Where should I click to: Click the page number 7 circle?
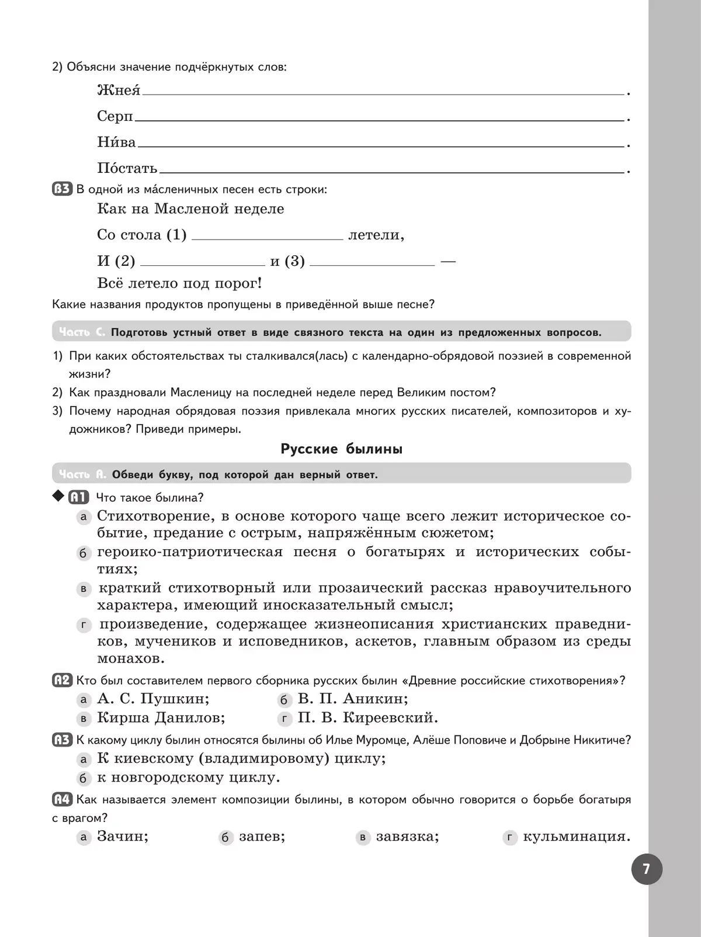pyautogui.click(x=647, y=869)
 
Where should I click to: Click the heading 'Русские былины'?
pyautogui.click(x=342, y=449)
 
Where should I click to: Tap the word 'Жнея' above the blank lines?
pyautogui.click(x=119, y=91)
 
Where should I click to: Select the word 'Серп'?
pyautogui.click(x=115, y=116)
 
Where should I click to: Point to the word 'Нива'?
pyautogui.click(x=116, y=142)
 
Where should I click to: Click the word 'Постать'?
pyautogui.click(x=127, y=168)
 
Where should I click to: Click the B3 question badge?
pyautogui.click(x=62, y=189)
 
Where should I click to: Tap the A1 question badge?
pyautogui.click(x=78, y=498)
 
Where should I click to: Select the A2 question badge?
pyautogui.click(x=62, y=681)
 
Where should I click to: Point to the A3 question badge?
pyautogui.click(x=62, y=740)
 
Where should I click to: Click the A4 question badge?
pyautogui.click(x=62, y=800)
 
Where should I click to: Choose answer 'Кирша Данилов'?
pyautogui.click(x=161, y=717)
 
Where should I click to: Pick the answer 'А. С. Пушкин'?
pyautogui.click(x=153, y=699)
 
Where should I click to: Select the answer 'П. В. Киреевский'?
pyautogui.click(x=368, y=717)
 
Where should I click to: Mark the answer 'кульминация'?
pyautogui.click(x=577, y=837)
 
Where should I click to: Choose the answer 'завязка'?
pyautogui.click(x=407, y=837)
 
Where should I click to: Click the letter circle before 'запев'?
pyautogui.click(x=225, y=838)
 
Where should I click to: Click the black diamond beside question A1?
pyautogui.click(x=57, y=497)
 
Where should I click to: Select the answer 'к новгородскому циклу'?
pyautogui.click(x=189, y=778)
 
